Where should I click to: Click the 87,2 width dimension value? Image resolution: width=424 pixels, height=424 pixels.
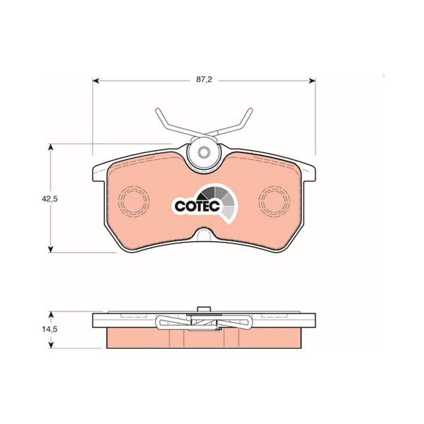click(204, 80)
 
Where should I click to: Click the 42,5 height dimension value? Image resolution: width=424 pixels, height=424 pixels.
click(50, 199)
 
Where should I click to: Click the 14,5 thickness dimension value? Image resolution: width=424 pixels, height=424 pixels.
click(50, 329)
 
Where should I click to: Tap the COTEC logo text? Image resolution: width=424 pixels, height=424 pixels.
click(197, 207)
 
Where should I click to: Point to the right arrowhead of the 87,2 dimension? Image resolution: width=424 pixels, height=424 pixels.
click(312, 81)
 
